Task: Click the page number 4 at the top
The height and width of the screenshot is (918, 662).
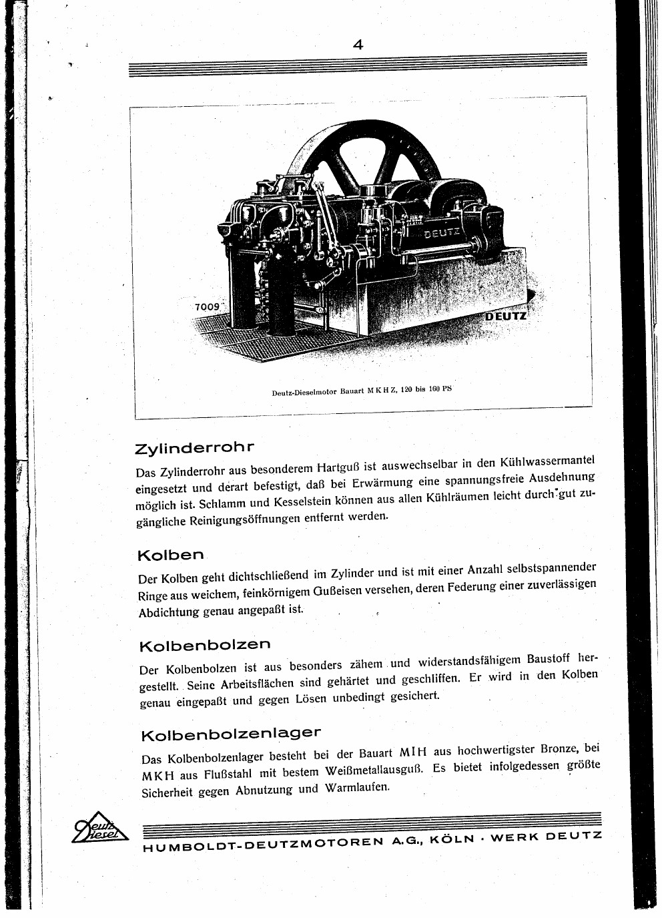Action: pyautogui.click(x=358, y=45)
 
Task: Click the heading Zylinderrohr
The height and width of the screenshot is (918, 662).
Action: pyautogui.click(x=195, y=447)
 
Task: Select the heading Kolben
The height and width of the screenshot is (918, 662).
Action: pyautogui.click(x=170, y=555)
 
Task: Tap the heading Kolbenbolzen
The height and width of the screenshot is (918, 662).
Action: pyautogui.click(x=205, y=646)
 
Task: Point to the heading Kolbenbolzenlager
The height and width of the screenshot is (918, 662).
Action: pyautogui.click(x=231, y=734)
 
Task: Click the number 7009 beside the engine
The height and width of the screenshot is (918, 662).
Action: pyautogui.click(x=207, y=306)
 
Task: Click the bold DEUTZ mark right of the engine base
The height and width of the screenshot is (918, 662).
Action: pyautogui.click(x=506, y=315)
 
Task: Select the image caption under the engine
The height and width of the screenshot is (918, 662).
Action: pyautogui.click(x=361, y=390)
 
